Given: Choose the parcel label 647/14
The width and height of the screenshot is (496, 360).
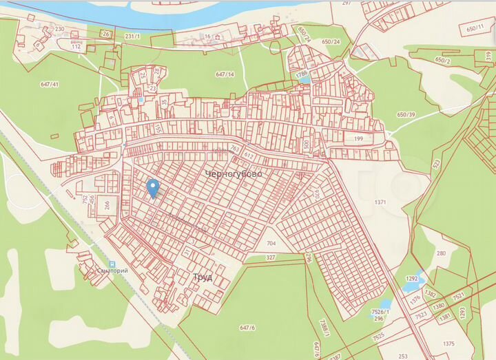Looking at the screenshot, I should [225, 74].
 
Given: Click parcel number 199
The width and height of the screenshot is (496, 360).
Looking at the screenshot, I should [358, 139].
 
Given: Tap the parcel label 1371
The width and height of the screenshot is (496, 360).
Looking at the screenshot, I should [381, 202].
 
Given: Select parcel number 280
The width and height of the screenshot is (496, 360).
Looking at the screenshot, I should [441, 253].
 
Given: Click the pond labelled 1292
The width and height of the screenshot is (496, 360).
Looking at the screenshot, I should [413, 279].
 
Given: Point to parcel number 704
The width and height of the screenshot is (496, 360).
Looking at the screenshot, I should [271, 244].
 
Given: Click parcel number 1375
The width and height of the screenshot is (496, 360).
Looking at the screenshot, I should [449, 344].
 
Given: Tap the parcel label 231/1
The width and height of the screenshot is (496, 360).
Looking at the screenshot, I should [132, 34].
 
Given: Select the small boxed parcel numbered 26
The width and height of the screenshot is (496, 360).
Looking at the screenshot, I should [105, 33].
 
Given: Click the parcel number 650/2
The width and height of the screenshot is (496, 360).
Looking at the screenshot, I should [443, 61].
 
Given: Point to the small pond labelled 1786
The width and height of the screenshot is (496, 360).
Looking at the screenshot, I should [302, 74].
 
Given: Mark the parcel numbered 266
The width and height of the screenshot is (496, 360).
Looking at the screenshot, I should [106, 204].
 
